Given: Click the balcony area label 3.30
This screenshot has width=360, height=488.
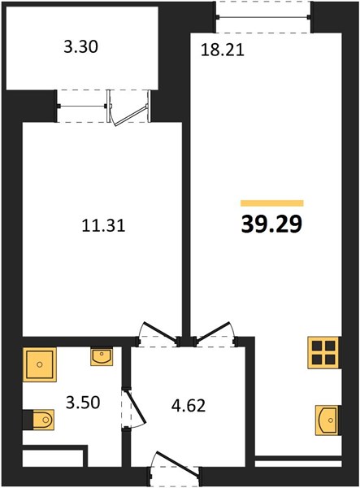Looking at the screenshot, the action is pos(80,47).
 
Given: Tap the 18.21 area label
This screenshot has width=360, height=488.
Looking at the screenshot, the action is pos(223,50).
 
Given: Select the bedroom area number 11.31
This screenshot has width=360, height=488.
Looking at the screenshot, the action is pos(103,225).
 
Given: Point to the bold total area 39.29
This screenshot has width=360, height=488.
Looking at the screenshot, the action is pos(271,224).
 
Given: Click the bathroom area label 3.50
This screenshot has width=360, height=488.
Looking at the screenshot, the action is pos(83,403).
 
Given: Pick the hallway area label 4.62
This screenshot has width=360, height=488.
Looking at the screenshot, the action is pos(189,406).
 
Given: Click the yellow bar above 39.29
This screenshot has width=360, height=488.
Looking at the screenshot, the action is pos(272,203).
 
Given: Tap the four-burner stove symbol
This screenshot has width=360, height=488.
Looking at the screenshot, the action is pos(323,353).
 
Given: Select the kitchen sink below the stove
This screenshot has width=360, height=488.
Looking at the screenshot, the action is pos(327,420).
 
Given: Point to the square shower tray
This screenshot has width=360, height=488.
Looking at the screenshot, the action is pos(40,364).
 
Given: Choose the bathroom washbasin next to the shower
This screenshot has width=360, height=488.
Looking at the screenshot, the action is pos(102,357).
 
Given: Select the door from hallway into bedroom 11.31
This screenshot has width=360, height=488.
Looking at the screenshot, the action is pos(158,333).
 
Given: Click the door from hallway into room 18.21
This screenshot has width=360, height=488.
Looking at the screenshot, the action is pos(215,333).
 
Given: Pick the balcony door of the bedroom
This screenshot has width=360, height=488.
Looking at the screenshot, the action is pos(128,107).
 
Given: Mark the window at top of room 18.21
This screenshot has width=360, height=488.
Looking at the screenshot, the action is pos(263,17).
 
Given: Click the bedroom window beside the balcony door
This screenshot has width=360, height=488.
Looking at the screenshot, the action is pos(82,106).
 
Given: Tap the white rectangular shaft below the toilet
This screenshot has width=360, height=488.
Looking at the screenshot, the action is pos(53,458).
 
